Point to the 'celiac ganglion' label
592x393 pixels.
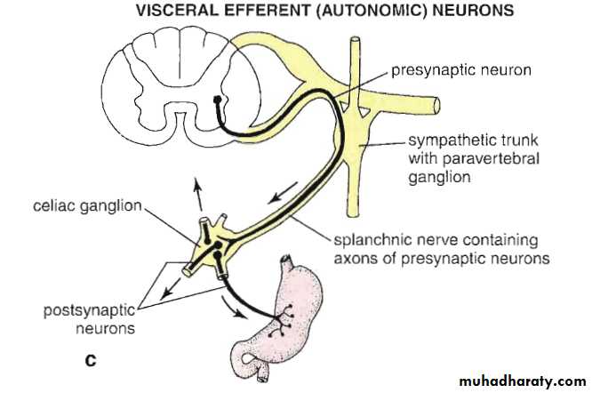pyautogui.click(x=89, y=206)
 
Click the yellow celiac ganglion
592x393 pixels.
pyautogui.click(x=216, y=241)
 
